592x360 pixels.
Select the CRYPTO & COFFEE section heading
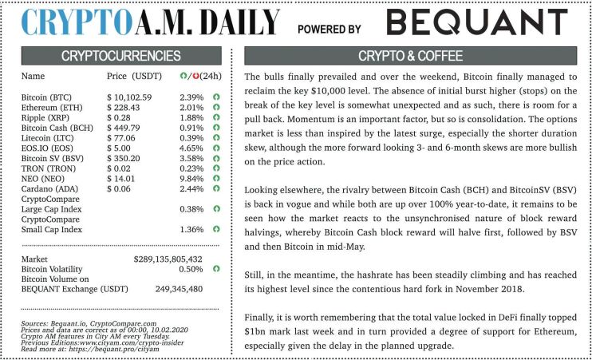(410, 57)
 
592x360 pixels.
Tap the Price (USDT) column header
(132, 77)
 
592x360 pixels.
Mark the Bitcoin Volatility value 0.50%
(190, 270)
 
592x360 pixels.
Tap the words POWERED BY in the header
(329, 29)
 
